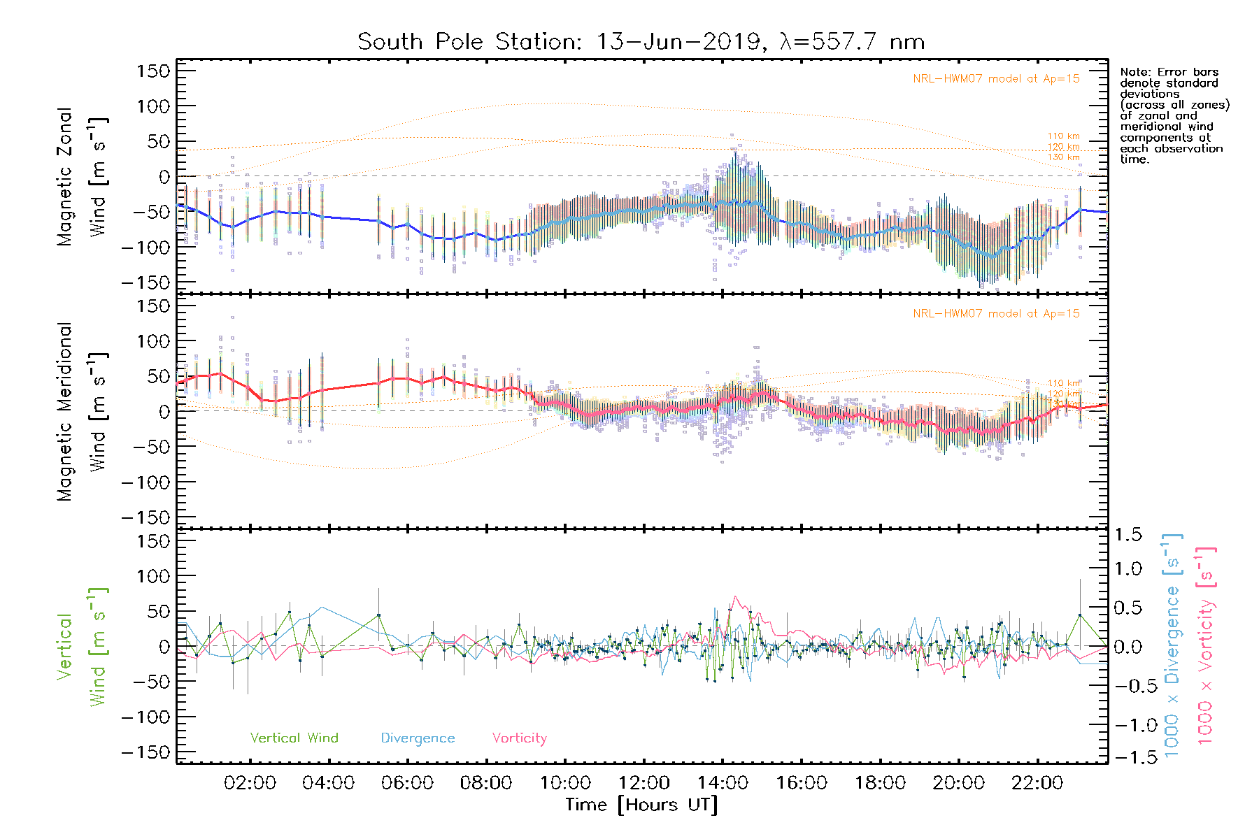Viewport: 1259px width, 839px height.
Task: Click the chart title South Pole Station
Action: pos(641,42)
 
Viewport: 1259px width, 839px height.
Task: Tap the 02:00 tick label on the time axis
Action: pos(250,783)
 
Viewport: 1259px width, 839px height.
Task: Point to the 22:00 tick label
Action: pos(1037,783)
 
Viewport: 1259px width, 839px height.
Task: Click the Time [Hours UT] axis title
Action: pos(641,805)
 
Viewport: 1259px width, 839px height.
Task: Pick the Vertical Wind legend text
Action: pos(294,738)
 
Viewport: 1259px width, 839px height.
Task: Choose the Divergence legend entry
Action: pos(418,738)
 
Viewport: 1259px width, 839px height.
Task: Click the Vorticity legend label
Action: pos(519,738)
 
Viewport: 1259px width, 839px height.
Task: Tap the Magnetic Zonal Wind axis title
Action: pos(83,177)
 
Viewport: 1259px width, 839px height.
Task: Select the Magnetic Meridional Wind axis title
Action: pos(83,412)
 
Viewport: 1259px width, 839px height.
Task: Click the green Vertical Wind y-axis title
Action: pos(83,647)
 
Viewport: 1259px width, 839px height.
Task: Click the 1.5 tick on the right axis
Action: pos(1128,535)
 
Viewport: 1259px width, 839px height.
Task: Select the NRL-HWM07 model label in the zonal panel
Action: pos(996,79)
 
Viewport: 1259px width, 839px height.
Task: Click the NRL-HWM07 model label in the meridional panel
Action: pos(996,314)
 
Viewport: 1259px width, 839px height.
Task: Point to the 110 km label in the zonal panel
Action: pos(1063,136)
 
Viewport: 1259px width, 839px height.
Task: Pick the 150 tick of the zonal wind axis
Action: pos(153,71)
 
